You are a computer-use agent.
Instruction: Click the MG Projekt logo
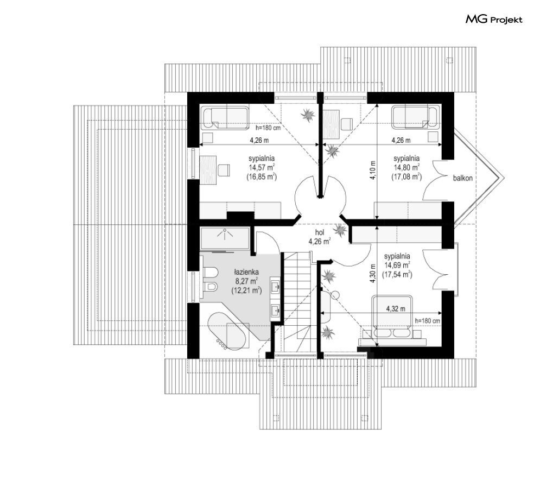[x=494, y=20]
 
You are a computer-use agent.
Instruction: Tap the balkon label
[x=462, y=178]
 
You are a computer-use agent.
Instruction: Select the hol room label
[x=320, y=232]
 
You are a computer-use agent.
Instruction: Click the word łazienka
[x=246, y=272]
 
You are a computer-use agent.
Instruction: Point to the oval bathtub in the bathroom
[x=226, y=331]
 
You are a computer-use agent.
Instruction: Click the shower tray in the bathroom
[x=225, y=238]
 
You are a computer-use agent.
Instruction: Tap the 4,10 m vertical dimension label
[x=372, y=169]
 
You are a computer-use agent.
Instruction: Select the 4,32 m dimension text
[x=395, y=309]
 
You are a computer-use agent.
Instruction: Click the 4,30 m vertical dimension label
[x=372, y=273]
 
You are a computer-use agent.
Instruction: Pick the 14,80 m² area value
[x=406, y=167]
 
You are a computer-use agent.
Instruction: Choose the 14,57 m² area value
[x=262, y=167]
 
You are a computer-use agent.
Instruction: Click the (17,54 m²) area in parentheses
[x=397, y=275]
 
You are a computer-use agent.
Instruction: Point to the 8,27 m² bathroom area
[x=246, y=281]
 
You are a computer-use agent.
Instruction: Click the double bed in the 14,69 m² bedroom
[x=392, y=317]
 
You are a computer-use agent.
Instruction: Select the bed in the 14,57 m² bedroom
[x=225, y=118]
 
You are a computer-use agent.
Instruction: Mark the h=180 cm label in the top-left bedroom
[x=268, y=128]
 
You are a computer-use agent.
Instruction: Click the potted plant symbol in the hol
[x=340, y=230]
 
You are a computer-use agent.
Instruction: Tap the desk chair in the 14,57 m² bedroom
[x=224, y=170]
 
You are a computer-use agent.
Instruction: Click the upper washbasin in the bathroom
[x=276, y=286]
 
